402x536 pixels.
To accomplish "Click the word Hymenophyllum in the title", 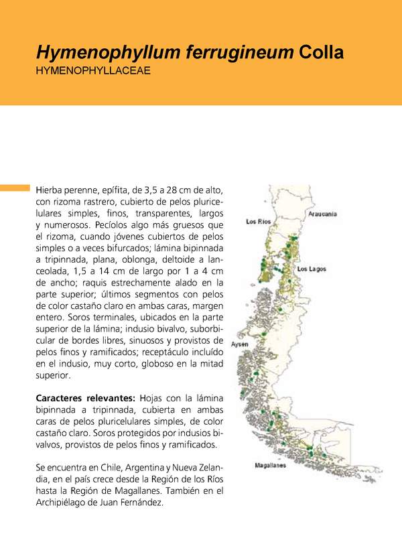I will pos(96,52).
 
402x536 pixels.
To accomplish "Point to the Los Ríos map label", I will pos(259,221).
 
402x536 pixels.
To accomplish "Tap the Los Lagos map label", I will pos(311,269).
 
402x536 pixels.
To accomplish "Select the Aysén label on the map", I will pos(239,344).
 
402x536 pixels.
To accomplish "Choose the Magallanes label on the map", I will pos(271,465).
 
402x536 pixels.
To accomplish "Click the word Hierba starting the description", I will pos(51,191).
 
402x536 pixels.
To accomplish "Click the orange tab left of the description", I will pos(15,187).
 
